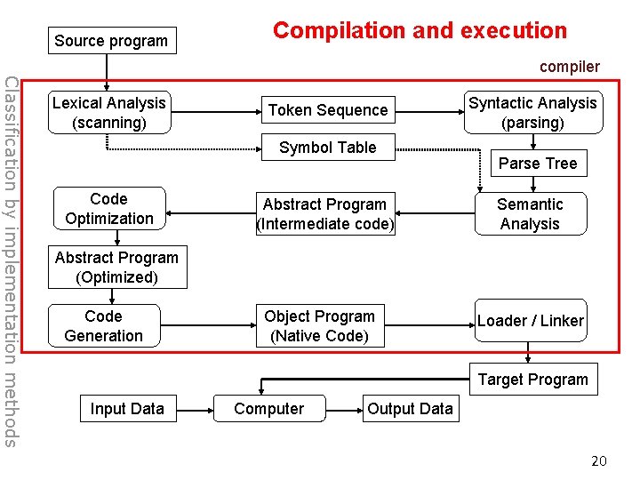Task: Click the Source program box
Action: coord(111,41)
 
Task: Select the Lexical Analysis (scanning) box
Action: coord(109,113)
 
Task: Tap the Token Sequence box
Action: coord(328,110)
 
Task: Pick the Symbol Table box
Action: coord(328,148)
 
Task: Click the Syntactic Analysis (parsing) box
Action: coord(532,113)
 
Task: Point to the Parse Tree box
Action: coord(538,164)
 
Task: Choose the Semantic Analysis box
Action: coord(530,214)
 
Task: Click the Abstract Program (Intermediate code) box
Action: coord(324,214)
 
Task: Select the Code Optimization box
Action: coord(109,209)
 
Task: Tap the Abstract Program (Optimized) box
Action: coord(116,268)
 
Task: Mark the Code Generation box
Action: coord(103,326)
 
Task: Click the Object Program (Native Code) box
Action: coord(320,326)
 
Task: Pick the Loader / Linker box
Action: coord(530,321)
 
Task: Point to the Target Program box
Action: coord(533,380)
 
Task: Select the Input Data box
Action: coord(127,409)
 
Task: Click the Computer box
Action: coord(268,409)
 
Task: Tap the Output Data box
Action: coord(410,409)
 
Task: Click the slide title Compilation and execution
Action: coord(420,30)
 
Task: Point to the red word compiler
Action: coord(569,67)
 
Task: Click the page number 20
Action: coord(599,460)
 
